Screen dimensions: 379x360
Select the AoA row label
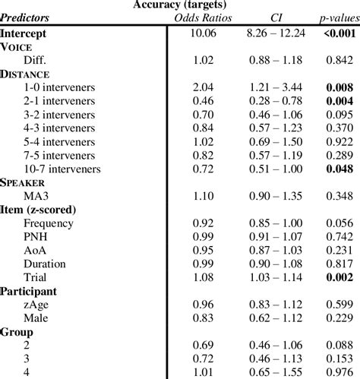[x=36, y=250]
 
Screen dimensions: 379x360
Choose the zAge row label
[x=38, y=305]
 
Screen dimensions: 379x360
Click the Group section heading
[x=18, y=332]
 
